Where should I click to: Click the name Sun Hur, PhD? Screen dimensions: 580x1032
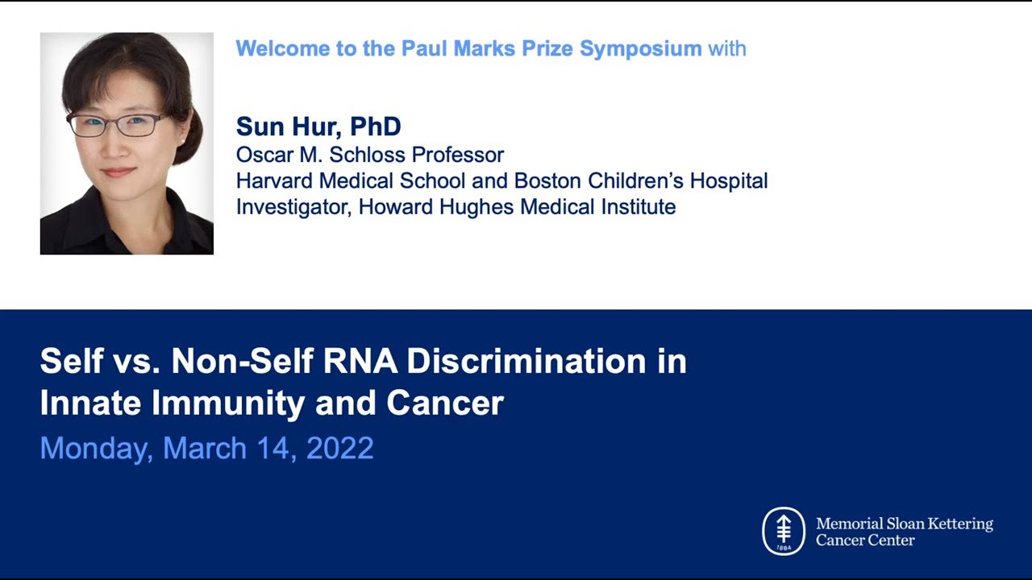[318, 126]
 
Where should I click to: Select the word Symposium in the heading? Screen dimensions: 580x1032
[641, 48]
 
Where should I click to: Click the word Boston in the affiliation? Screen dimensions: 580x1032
[547, 180]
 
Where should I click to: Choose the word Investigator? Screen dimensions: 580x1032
[293, 207]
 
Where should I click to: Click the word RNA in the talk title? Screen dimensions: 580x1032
[360, 362]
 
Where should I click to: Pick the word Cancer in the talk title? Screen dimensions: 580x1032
[445, 403]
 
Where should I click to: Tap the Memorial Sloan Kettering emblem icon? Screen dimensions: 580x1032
[783, 531]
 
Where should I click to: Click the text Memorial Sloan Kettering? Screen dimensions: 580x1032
[904, 524]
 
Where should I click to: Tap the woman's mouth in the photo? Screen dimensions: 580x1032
[119, 172]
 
